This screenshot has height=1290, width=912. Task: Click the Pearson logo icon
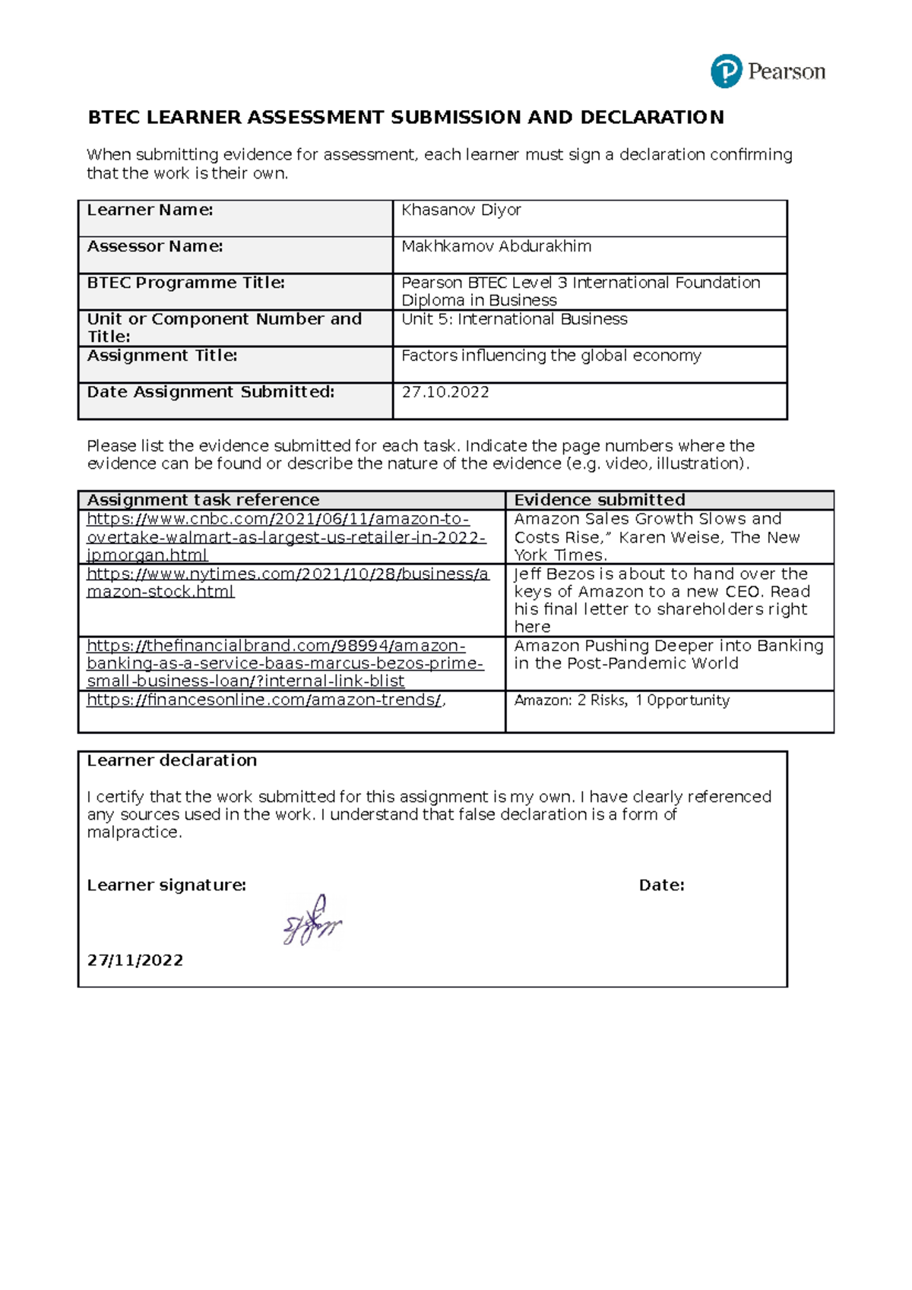tap(726, 72)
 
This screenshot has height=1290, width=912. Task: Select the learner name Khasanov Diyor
tap(461, 210)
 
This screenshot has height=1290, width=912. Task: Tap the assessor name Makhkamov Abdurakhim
tap(496, 247)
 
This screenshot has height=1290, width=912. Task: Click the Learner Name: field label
tap(150, 210)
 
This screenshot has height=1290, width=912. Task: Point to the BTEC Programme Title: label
tap(185, 283)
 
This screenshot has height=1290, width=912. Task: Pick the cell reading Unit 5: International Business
tap(514, 320)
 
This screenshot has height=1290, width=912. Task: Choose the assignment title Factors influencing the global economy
tap(550, 356)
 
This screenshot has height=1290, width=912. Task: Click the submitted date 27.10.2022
tap(445, 393)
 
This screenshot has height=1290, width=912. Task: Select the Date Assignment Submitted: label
tap(211, 393)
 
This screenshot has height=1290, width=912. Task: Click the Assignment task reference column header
tap(203, 501)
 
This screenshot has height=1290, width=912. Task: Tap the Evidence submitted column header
tap(599, 501)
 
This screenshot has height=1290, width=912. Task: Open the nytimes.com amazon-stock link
tap(287, 583)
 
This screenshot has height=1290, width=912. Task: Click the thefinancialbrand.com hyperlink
tap(284, 664)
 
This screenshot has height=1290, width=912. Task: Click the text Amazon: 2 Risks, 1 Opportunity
tap(621, 700)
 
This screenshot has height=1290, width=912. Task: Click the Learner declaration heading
tap(172, 761)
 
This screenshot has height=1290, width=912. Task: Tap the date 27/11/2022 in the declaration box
tap(135, 961)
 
